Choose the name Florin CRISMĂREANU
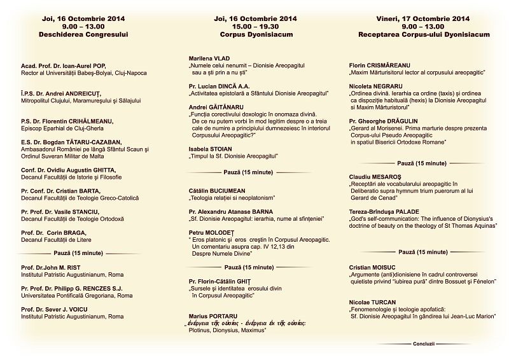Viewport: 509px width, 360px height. [x=379, y=66]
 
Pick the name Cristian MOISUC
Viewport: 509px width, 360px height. [x=373, y=267]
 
